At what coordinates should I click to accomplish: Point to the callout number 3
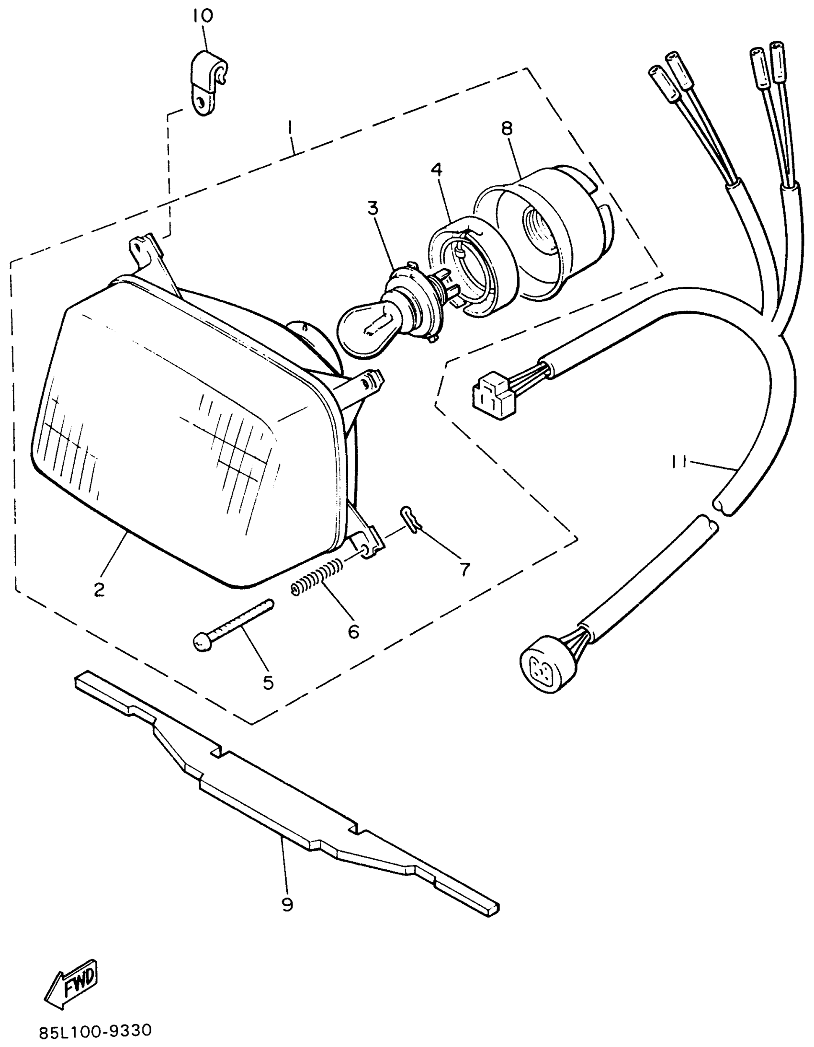[x=373, y=208]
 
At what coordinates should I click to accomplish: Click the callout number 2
[x=99, y=589]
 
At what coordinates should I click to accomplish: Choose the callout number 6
[x=353, y=632]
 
